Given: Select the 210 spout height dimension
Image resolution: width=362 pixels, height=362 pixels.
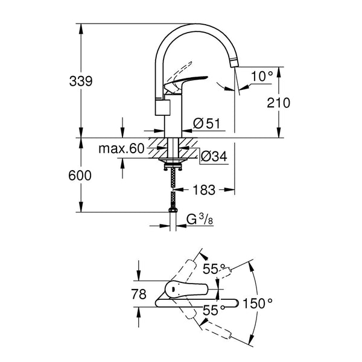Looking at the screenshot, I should (x=278, y=103).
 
